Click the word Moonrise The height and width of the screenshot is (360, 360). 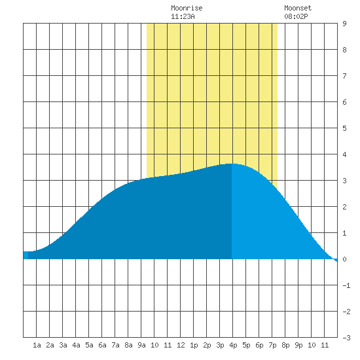pyautogui.click(x=187, y=8)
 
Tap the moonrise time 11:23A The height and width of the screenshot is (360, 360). pyautogui.click(x=183, y=16)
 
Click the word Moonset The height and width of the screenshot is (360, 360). pyautogui.click(x=298, y=8)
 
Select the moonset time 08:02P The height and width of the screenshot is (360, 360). pyautogui.click(x=296, y=16)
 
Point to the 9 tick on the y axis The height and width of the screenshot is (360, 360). pyautogui.click(x=344, y=24)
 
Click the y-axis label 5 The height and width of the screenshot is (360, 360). pyautogui.click(x=344, y=128)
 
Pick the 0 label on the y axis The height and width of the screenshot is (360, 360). pyautogui.click(x=344, y=259)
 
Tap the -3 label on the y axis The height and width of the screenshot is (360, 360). pyautogui.click(x=346, y=338)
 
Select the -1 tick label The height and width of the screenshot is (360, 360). pyautogui.click(x=346, y=285)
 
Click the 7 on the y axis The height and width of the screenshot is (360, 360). pyautogui.click(x=344, y=76)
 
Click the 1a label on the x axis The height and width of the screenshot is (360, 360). pyautogui.click(x=37, y=345)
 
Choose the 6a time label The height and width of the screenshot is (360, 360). pyautogui.click(x=102, y=345)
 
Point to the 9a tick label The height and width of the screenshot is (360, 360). pyautogui.click(x=141, y=345)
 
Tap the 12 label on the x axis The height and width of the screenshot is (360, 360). pyautogui.click(x=181, y=345)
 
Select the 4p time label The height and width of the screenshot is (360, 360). pyautogui.click(x=233, y=345)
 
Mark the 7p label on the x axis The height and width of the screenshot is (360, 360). pyautogui.click(x=272, y=345)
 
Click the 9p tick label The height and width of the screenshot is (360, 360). pyautogui.click(x=298, y=345)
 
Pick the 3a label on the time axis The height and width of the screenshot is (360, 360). pyautogui.click(x=63, y=345)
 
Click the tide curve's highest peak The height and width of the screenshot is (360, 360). pyautogui.click(x=232, y=164)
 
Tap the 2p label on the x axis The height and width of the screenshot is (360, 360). pyautogui.click(x=207, y=345)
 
